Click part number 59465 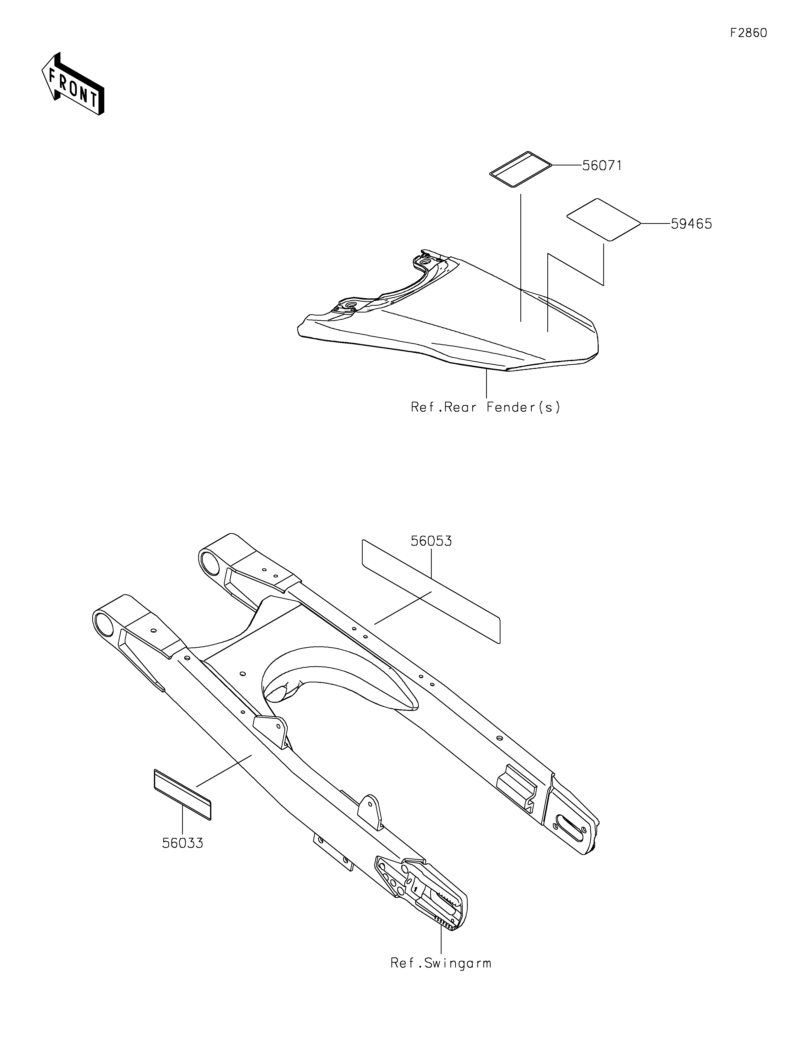pos(691,224)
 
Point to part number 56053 pos(431,541)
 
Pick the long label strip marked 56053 pos(431,591)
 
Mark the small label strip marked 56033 pos(182,794)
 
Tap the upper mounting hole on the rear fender pos(423,260)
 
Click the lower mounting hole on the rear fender pos(351,305)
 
